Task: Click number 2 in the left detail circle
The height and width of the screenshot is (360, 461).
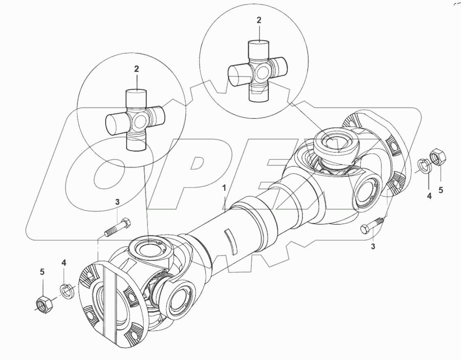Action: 137,69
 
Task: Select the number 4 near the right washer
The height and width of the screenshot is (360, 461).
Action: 429,196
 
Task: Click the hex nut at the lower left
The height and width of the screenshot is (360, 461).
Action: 44,303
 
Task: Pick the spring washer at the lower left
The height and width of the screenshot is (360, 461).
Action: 67,291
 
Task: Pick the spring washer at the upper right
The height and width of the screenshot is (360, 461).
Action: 424,165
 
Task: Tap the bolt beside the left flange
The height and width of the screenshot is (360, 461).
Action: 118,228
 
